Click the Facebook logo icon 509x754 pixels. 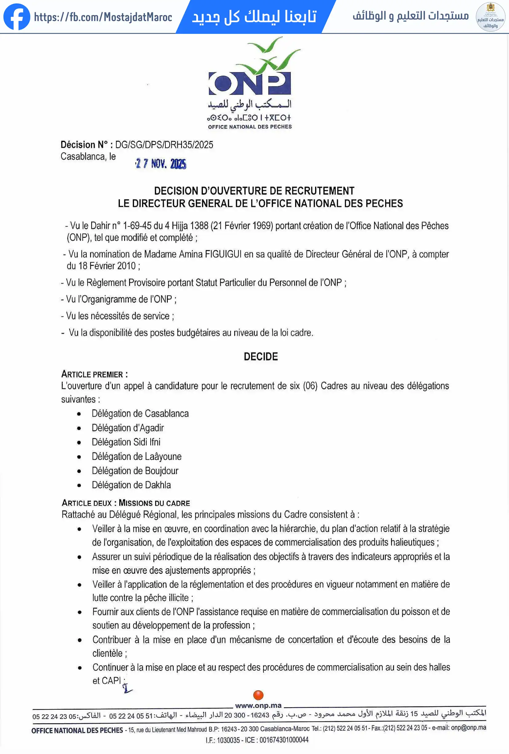(17, 17)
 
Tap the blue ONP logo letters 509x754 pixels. (250, 83)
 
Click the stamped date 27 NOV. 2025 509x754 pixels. (161, 163)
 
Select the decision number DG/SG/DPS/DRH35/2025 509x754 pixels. (164, 145)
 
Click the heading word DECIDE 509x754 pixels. (261, 357)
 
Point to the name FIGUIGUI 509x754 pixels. (223, 254)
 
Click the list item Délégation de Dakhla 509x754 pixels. (131, 485)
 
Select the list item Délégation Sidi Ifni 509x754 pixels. (126, 442)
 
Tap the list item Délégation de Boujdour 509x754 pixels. (135, 471)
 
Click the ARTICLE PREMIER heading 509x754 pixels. (94, 374)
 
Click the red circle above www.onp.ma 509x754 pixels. (258, 695)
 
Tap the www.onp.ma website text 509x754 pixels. (258, 705)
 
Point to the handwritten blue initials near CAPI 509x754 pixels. (127, 688)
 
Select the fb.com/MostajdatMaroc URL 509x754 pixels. (103, 17)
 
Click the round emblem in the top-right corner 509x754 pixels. (490, 17)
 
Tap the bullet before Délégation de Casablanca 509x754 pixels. (79, 414)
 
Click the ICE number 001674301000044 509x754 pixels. (284, 740)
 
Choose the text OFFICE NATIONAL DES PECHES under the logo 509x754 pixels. (250, 127)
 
